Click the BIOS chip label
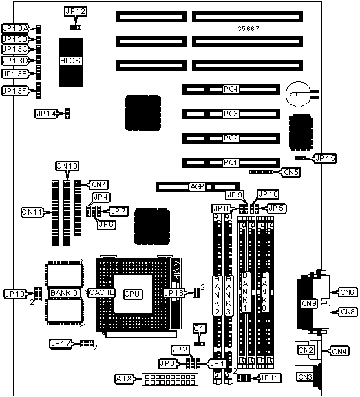click(x=70, y=61)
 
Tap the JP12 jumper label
click(x=76, y=12)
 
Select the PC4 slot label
click(x=231, y=89)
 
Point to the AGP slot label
click(x=198, y=186)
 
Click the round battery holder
click(x=299, y=94)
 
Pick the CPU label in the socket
click(x=132, y=294)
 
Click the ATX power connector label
click(x=124, y=379)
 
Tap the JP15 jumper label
click(x=325, y=158)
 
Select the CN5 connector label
click(x=291, y=172)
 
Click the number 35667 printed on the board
click(x=248, y=29)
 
